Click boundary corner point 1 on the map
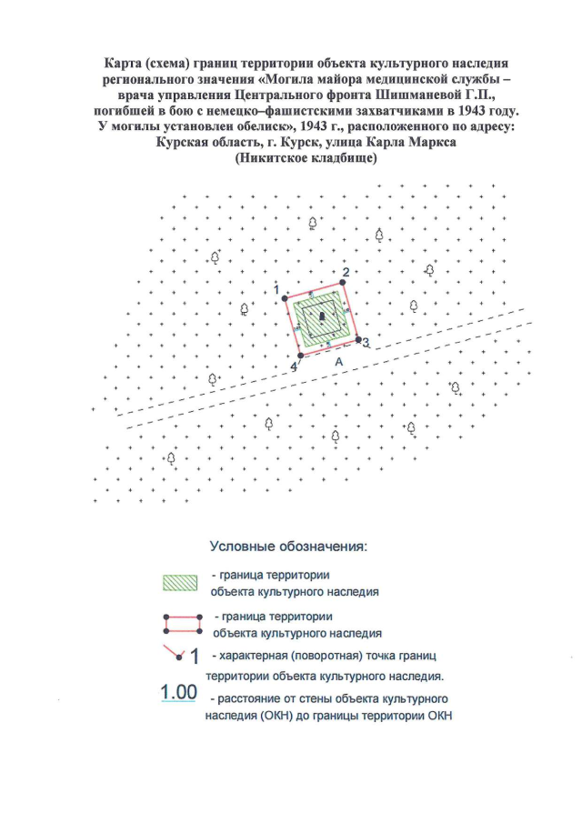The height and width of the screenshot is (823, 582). click(285, 298)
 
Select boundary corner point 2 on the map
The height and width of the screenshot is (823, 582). click(343, 282)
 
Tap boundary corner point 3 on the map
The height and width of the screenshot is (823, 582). click(357, 339)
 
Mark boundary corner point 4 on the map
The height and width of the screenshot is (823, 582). click(300, 356)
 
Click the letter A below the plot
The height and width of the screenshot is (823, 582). click(338, 361)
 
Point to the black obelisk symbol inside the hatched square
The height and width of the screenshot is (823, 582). click(321, 316)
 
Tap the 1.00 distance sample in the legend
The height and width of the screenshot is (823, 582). click(179, 692)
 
